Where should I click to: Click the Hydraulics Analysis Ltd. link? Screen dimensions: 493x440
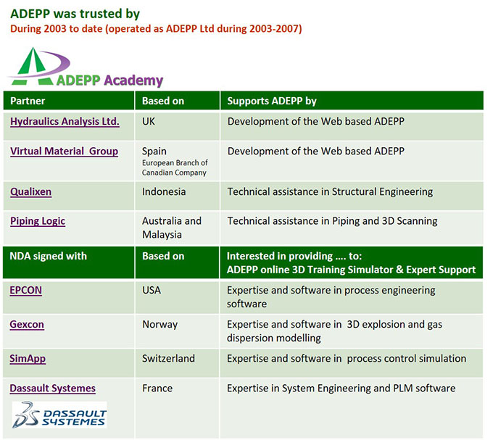pos(65,122)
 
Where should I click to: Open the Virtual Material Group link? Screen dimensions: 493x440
pos(64,151)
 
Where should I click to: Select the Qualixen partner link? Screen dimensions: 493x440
pos(30,191)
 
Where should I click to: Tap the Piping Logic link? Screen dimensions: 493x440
pos(38,221)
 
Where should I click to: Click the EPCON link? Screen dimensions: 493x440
pos(26,290)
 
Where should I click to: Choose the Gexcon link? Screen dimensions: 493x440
pos(27,324)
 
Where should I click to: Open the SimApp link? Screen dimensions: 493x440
pos(28,359)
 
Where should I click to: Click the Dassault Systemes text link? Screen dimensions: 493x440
pos(52,389)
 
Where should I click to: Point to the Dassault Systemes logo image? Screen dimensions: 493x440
pos(59,415)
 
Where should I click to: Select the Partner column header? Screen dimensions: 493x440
pos(28,101)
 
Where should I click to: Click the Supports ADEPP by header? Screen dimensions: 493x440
pos(272,101)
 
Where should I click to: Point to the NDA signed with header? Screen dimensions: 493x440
pos(48,256)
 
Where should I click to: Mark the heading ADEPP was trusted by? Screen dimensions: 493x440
pos(75,14)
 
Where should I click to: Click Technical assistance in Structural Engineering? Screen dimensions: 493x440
pos(330,191)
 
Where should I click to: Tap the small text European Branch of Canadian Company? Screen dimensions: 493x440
pos(175,167)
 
